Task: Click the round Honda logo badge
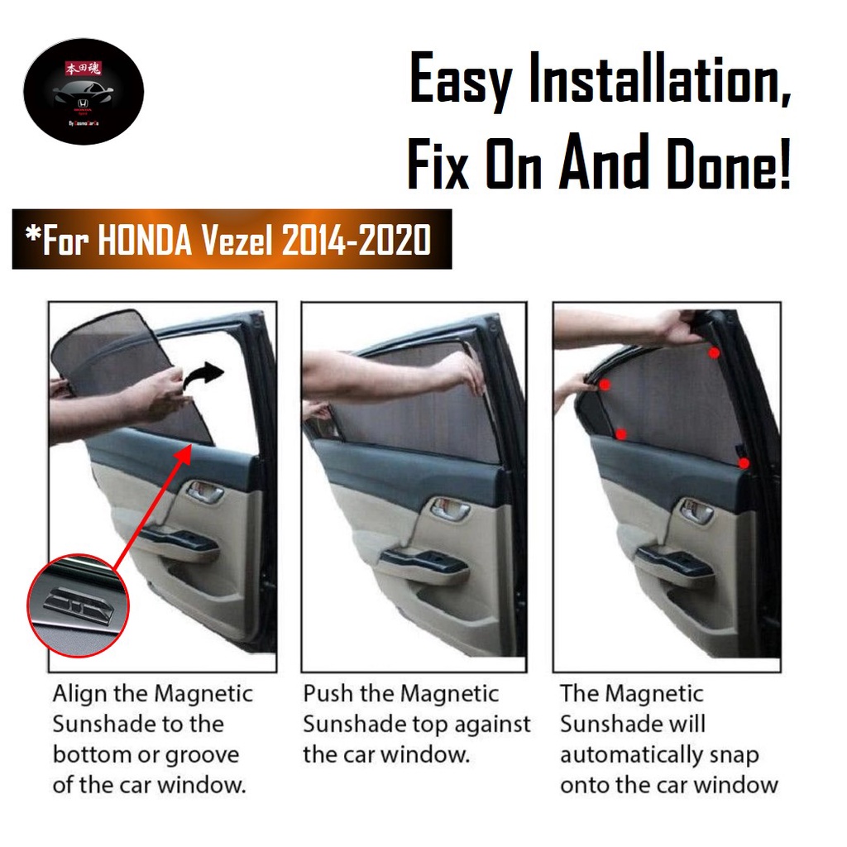pyautogui.click(x=84, y=91)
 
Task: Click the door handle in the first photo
pyautogui.click(x=204, y=494)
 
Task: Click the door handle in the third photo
pyautogui.click(x=697, y=512)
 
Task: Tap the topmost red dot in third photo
pyautogui.click(x=713, y=352)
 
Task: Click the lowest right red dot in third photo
pyautogui.click(x=744, y=463)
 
